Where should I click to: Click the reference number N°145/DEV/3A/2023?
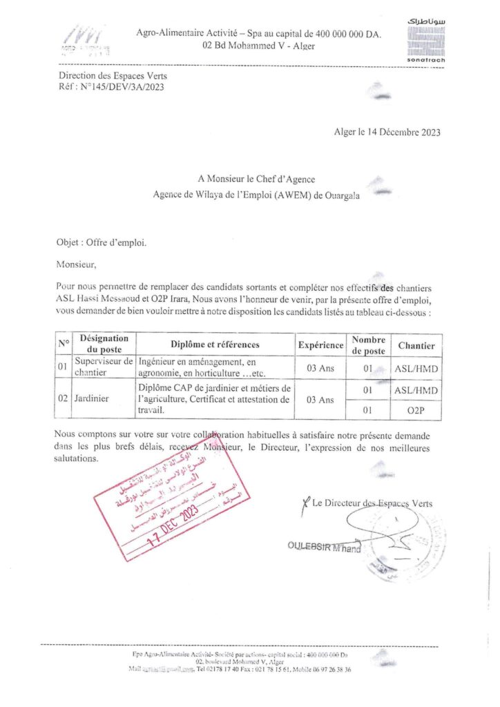(124, 87)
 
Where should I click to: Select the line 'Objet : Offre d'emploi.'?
(102, 243)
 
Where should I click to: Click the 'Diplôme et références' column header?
(215, 345)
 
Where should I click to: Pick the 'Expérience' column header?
(320, 345)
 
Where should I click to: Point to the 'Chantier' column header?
(416, 345)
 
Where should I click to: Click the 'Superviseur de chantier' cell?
(104, 367)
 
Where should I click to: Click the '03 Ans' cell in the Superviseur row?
(320, 367)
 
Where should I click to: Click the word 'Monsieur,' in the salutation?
(77, 263)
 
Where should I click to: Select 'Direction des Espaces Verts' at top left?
(113, 75)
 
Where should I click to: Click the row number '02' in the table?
(64, 399)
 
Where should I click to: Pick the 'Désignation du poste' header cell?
(104, 345)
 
